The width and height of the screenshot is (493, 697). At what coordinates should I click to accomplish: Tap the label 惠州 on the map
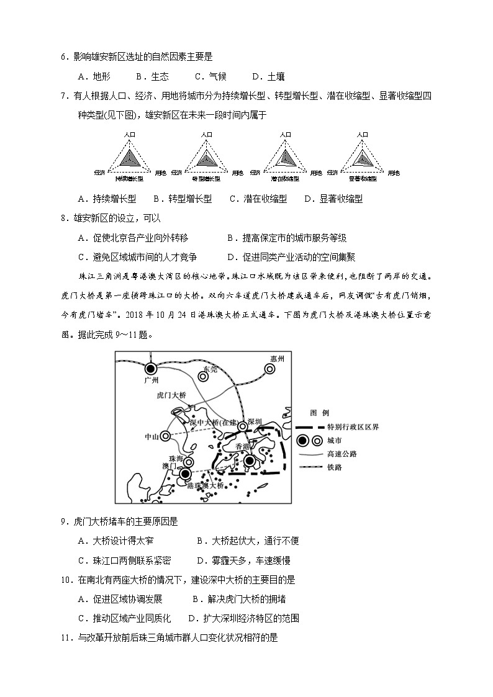click(x=277, y=359)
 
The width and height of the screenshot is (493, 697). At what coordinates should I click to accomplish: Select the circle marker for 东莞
click(x=203, y=374)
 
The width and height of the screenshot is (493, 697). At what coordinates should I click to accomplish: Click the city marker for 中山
click(x=165, y=436)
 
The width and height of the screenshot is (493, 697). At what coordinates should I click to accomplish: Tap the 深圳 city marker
click(x=243, y=426)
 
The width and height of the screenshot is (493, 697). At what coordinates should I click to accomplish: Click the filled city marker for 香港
click(x=250, y=461)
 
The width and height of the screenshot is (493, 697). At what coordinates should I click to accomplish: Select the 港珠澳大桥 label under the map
click(x=205, y=485)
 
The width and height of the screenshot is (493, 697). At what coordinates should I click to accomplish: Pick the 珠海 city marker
click(x=189, y=462)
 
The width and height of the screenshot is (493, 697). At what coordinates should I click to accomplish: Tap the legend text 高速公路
click(x=341, y=454)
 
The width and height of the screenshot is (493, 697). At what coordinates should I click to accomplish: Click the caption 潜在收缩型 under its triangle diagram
click(x=285, y=179)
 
